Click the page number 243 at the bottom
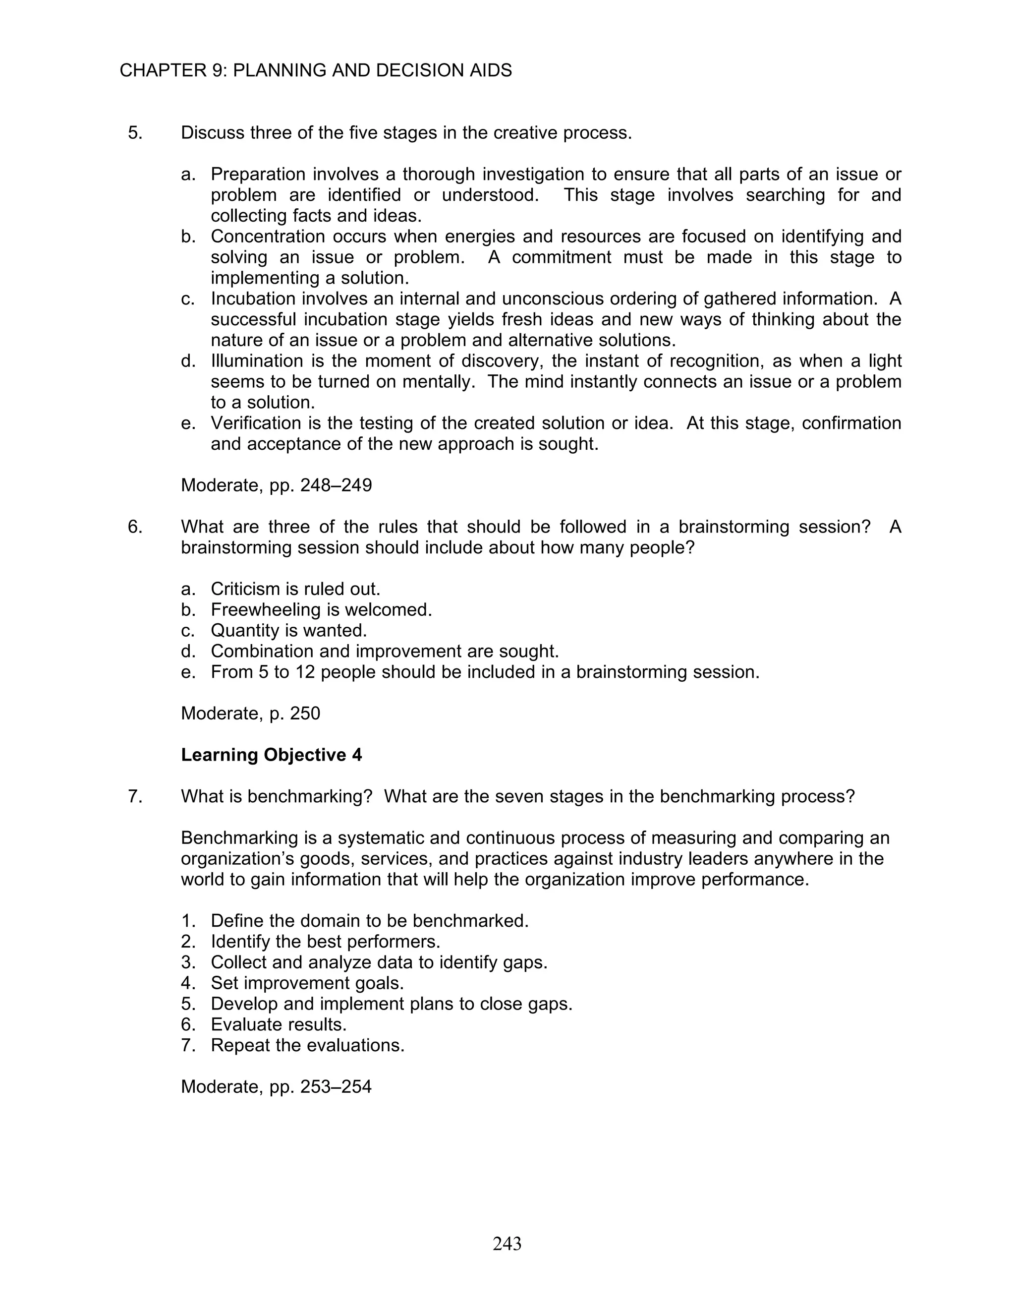pyautogui.click(x=507, y=1243)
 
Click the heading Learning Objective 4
pyautogui.click(x=271, y=755)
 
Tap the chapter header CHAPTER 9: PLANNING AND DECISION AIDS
pyautogui.click(x=316, y=70)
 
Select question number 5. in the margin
pyautogui.click(x=135, y=132)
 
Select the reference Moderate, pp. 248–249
pyautogui.click(x=276, y=485)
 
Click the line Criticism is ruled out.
pyautogui.click(x=295, y=589)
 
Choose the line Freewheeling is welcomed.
pyautogui.click(x=321, y=609)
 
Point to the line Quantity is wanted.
pyautogui.click(x=288, y=631)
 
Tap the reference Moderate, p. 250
pyautogui.click(x=250, y=713)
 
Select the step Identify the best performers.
pyautogui.click(x=325, y=941)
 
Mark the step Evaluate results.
pyautogui.click(x=279, y=1024)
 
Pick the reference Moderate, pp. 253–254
pyautogui.click(x=276, y=1086)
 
